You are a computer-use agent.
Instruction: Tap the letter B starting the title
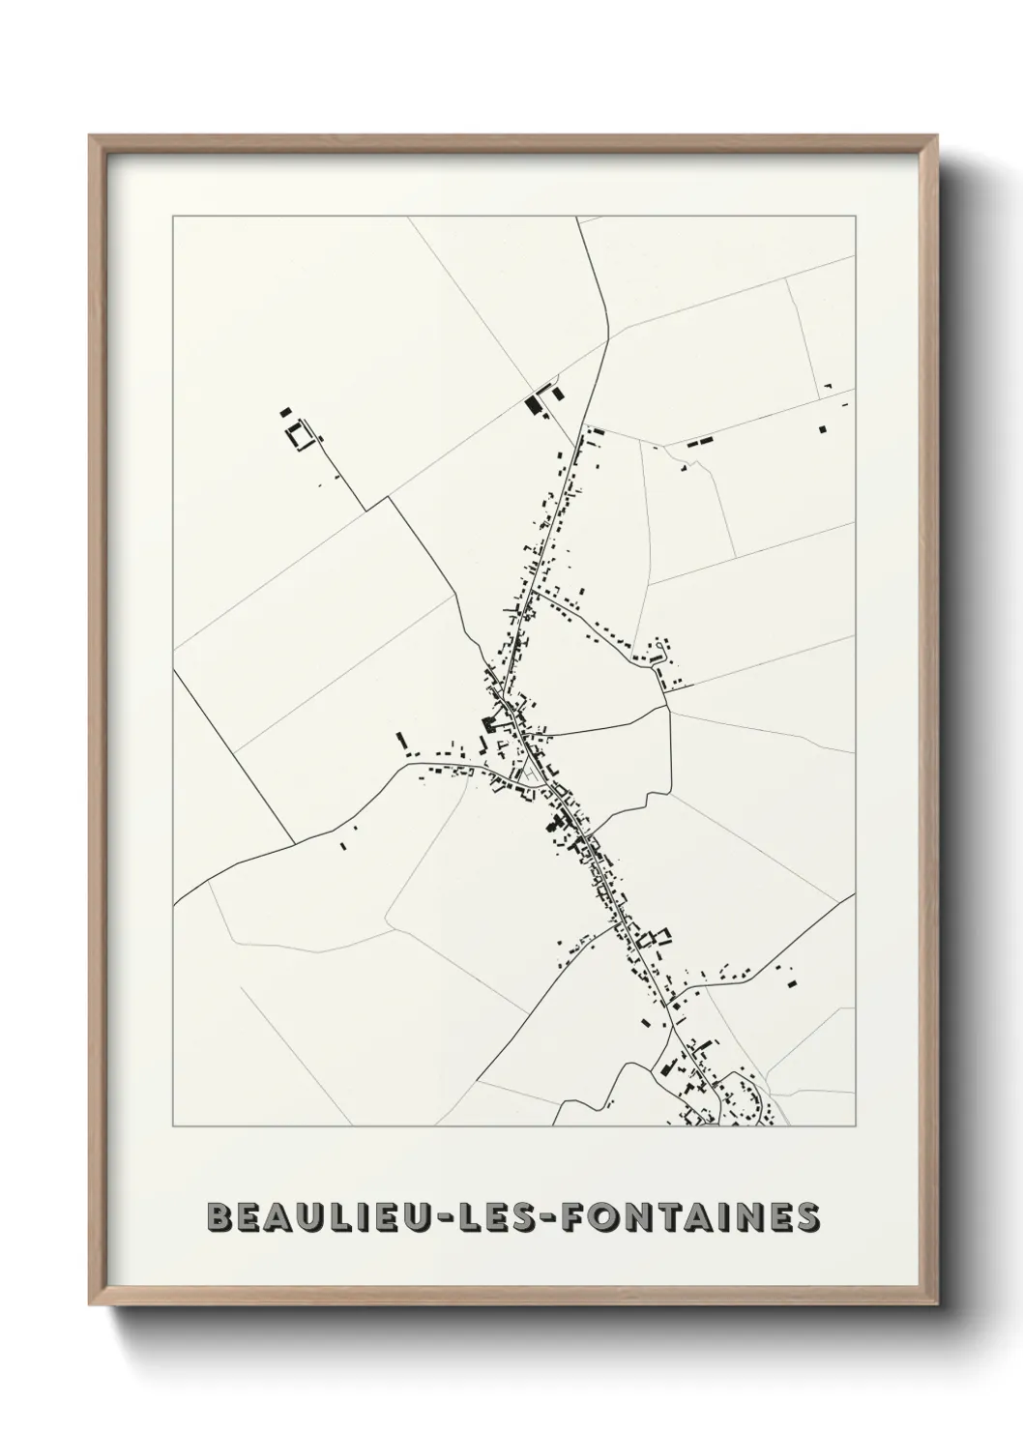[x=219, y=1216]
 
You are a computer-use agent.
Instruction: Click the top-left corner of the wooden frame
[x=91, y=136]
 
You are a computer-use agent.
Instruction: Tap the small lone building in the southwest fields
[x=343, y=846]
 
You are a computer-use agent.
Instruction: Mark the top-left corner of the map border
[x=173, y=217]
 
